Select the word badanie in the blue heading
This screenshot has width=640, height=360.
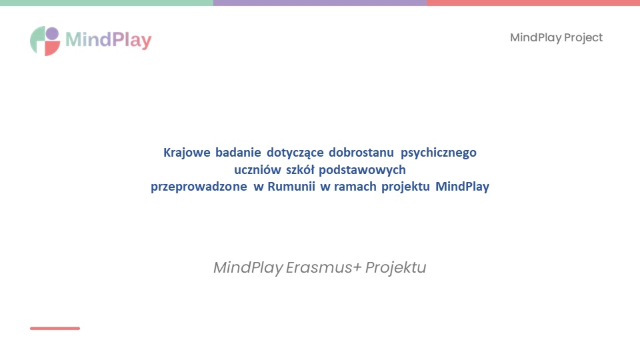[x=238, y=153]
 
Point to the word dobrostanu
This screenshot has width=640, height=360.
[x=361, y=153]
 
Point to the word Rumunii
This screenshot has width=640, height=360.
[x=291, y=187]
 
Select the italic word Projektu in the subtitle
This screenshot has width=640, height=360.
[x=395, y=268]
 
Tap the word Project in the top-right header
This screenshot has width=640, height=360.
[x=583, y=37]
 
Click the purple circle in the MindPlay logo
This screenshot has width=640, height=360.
[x=52, y=33]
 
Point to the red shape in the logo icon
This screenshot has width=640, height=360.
[x=52, y=49]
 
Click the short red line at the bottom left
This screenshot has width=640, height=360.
[x=55, y=328]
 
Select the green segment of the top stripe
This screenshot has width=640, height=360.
[x=107, y=3]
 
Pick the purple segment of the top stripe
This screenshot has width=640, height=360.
[x=320, y=3]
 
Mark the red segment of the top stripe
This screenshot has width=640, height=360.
[x=533, y=3]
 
